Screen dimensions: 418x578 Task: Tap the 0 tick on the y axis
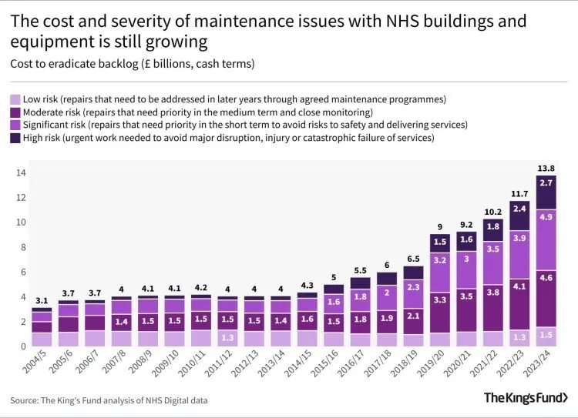click(22, 346)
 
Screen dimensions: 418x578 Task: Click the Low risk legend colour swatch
click(15, 99)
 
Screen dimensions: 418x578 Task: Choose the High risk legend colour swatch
click(15, 138)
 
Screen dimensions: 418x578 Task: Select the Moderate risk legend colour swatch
click(15, 112)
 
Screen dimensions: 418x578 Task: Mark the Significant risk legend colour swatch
click(15, 125)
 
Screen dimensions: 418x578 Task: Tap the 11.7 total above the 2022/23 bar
click(519, 192)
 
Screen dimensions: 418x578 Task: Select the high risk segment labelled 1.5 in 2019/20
click(439, 242)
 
